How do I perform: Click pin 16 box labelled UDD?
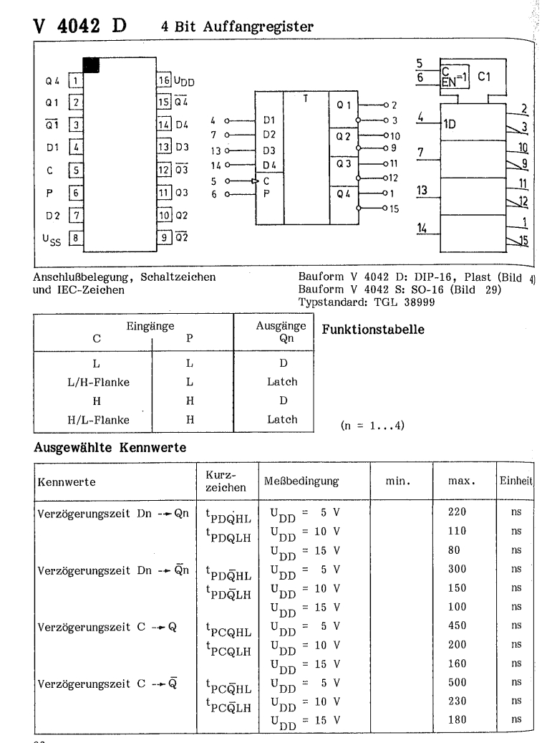click(x=163, y=80)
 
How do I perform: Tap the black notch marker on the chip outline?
click(x=91, y=64)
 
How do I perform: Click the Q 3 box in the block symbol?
click(x=343, y=163)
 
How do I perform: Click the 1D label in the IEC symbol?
click(x=453, y=124)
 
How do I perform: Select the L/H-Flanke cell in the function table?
click(x=97, y=382)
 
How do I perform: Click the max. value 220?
click(x=456, y=512)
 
